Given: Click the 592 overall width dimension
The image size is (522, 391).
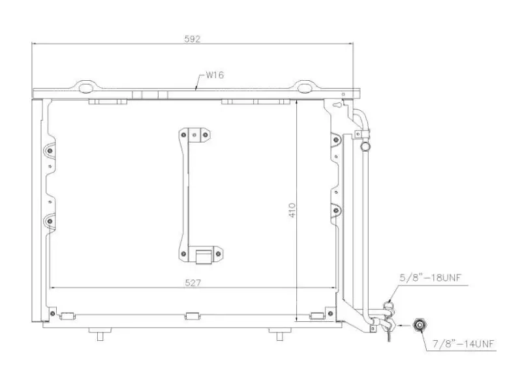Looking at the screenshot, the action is [x=192, y=39].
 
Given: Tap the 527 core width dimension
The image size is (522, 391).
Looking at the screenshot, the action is [x=192, y=283].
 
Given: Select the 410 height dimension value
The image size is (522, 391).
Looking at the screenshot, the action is [x=292, y=210].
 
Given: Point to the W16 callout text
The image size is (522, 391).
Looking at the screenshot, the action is [x=215, y=75].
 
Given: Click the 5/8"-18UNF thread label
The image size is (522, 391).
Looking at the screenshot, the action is [x=431, y=278].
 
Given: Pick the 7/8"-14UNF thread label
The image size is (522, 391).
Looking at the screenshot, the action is [x=463, y=343].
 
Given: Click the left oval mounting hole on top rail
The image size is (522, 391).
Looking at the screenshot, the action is [x=85, y=88].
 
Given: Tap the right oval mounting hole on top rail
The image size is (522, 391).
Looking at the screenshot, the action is [x=303, y=88].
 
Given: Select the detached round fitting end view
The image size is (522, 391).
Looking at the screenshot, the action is [x=420, y=325].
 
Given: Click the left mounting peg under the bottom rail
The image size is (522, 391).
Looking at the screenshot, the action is [x=99, y=334].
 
